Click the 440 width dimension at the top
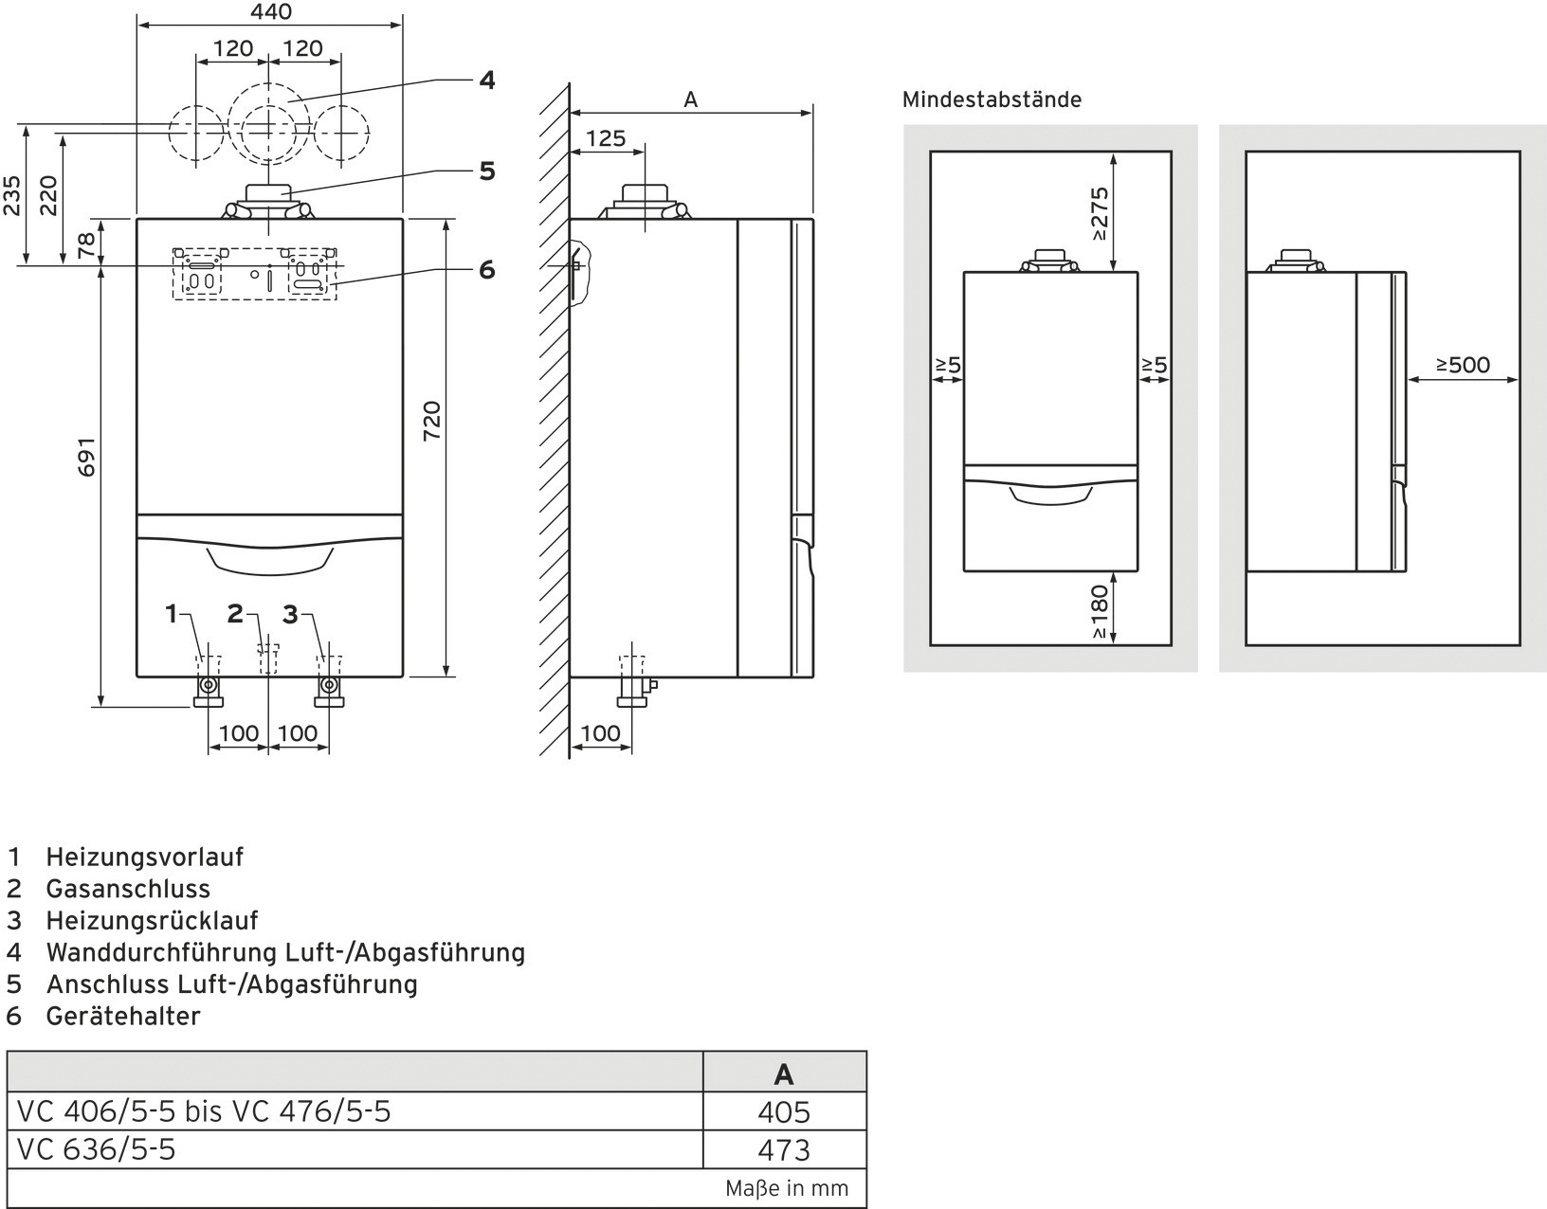tap(271, 12)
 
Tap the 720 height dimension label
tap(431, 421)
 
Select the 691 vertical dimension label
tap(86, 456)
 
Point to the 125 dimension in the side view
tap(606, 138)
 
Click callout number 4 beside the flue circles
tap(486, 80)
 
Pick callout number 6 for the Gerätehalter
tap(486, 270)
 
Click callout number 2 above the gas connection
tap(235, 614)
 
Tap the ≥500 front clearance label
tap(1463, 365)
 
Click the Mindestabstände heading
tap(992, 99)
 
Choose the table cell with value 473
tap(784, 1150)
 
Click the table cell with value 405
tap(784, 1111)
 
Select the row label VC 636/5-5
tap(97, 1149)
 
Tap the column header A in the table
tap(783, 1074)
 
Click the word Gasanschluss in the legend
tap(128, 889)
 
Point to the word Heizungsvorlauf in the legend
tap(145, 857)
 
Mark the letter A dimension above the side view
tap(690, 99)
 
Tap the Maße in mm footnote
tap(787, 1188)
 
